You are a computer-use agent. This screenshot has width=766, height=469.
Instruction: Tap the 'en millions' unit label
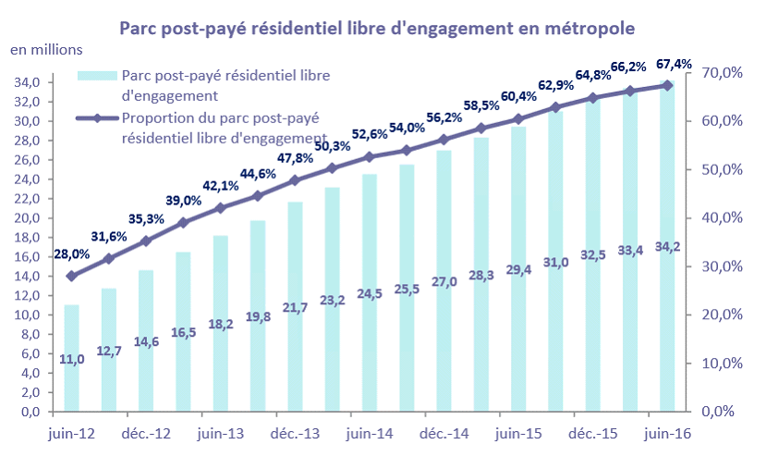(x=46, y=49)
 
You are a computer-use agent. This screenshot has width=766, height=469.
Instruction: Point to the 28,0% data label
(x=71, y=253)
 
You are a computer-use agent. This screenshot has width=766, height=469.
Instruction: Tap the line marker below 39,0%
(x=183, y=222)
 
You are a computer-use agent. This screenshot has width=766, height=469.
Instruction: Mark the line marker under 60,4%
(x=518, y=118)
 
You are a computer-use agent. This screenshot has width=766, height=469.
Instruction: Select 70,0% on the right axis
(x=722, y=73)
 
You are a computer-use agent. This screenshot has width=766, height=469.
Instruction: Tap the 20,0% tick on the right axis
(x=722, y=315)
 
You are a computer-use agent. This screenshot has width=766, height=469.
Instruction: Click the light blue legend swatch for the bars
(x=97, y=75)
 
